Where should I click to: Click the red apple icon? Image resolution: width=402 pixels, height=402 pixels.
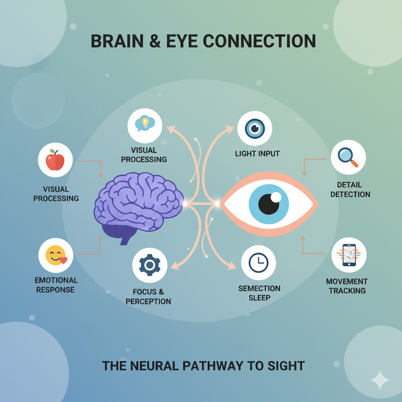tap(55, 160)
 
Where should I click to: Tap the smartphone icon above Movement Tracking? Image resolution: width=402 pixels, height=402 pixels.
tap(349, 255)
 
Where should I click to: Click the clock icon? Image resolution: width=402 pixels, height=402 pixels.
tap(258, 263)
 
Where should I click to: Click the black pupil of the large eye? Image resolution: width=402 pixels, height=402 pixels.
tap(269, 204)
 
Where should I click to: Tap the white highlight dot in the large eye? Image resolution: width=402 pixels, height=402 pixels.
tap(276, 197)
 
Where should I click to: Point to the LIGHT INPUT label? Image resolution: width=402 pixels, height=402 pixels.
tap(257, 153)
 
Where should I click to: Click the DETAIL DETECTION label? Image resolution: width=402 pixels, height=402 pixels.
tap(350, 189)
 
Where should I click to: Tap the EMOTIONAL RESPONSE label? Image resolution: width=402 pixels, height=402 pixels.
tap(56, 285)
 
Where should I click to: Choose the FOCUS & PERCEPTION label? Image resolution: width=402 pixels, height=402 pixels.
tap(148, 297)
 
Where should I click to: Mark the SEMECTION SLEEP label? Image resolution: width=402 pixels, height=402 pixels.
tap(259, 293)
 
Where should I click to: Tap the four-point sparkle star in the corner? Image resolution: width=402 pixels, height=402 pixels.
tap(380, 380)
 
